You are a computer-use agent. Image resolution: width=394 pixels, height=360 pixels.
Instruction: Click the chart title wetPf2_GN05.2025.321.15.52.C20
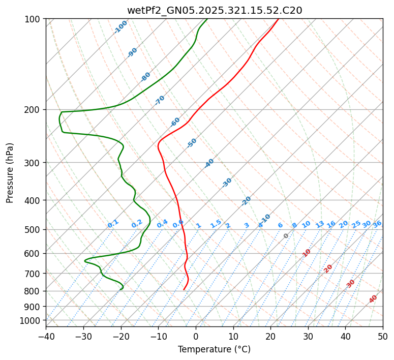214,10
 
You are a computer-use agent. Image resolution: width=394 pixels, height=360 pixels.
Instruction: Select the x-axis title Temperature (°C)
214,349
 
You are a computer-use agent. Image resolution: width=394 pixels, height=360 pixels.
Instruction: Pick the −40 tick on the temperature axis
46,336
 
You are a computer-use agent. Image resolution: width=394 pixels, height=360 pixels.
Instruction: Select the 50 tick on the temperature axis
383,336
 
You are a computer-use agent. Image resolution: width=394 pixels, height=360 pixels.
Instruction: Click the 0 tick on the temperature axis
196,336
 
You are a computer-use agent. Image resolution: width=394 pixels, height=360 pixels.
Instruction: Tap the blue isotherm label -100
120,27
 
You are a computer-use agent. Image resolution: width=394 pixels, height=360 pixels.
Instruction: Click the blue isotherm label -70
160,100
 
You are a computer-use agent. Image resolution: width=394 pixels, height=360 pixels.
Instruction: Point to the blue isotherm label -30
227,183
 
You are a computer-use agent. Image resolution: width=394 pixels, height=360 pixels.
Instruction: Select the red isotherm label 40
373,299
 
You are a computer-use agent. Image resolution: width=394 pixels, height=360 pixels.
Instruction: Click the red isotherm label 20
328,268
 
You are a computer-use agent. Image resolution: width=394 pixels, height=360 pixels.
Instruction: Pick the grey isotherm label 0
286,236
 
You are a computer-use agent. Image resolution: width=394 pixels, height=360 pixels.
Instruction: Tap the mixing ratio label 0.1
113,224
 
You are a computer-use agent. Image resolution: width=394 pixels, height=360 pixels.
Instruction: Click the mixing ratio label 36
377,224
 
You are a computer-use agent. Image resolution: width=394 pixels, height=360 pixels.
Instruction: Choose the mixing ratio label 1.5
216,223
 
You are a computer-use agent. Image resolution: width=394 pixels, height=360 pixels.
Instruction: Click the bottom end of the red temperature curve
184,289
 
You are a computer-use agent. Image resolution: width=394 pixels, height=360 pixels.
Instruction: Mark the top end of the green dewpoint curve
207,19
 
